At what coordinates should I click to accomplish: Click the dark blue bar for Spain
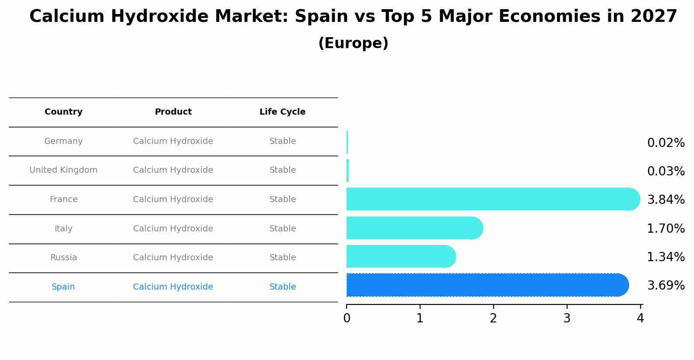486,285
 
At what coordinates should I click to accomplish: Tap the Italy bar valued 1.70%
414,228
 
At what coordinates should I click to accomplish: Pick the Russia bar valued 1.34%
400,256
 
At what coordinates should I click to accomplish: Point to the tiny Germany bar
347,142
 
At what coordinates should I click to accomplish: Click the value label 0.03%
666,171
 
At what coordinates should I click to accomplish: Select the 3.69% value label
666,285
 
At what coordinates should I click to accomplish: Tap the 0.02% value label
666,143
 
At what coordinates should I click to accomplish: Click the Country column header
63,112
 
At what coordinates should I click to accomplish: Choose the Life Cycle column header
282,112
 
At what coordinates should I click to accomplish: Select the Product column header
173,112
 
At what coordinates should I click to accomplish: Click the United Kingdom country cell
63,170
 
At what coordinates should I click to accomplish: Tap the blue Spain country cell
63,287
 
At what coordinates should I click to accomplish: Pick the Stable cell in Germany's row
283,141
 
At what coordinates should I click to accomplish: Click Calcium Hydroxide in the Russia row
173,258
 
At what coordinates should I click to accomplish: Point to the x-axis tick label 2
494,318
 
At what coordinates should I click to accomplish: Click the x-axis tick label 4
640,318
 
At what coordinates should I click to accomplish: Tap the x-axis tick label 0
347,318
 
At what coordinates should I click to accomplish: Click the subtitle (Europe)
353,43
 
